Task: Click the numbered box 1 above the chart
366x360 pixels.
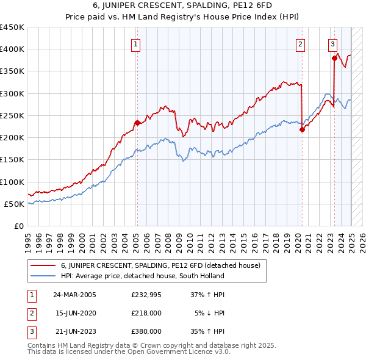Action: (135, 44)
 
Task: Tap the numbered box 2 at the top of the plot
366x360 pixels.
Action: (301, 44)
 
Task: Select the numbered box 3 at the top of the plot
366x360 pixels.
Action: (332, 44)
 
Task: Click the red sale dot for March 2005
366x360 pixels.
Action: (137, 123)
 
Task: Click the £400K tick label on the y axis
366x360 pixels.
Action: (12, 49)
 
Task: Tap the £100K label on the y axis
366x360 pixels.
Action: (12, 182)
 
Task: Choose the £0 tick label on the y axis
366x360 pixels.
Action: (19, 226)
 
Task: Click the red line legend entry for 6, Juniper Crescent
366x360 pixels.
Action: (160, 265)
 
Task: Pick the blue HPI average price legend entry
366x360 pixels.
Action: (143, 276)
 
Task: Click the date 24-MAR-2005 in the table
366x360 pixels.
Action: (75, 295)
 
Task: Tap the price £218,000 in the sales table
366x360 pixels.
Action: (146, 313)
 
